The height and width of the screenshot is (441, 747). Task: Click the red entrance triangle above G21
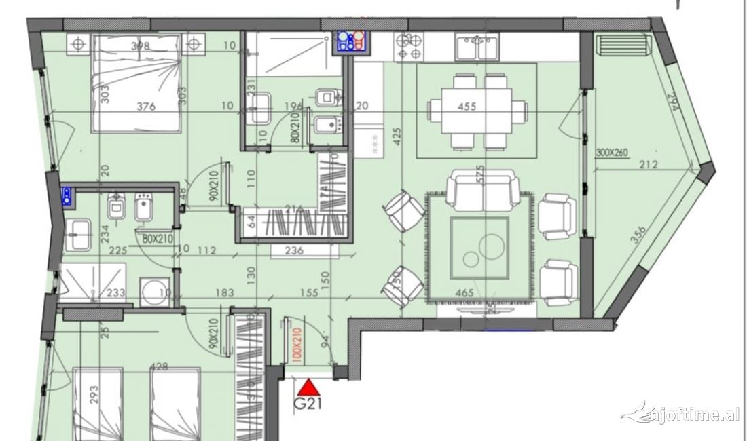[309, 387]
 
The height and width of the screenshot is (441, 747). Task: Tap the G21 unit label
[307, 406]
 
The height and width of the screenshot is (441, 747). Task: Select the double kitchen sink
[477, 47]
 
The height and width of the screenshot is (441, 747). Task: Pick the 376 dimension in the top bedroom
[146, 107]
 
